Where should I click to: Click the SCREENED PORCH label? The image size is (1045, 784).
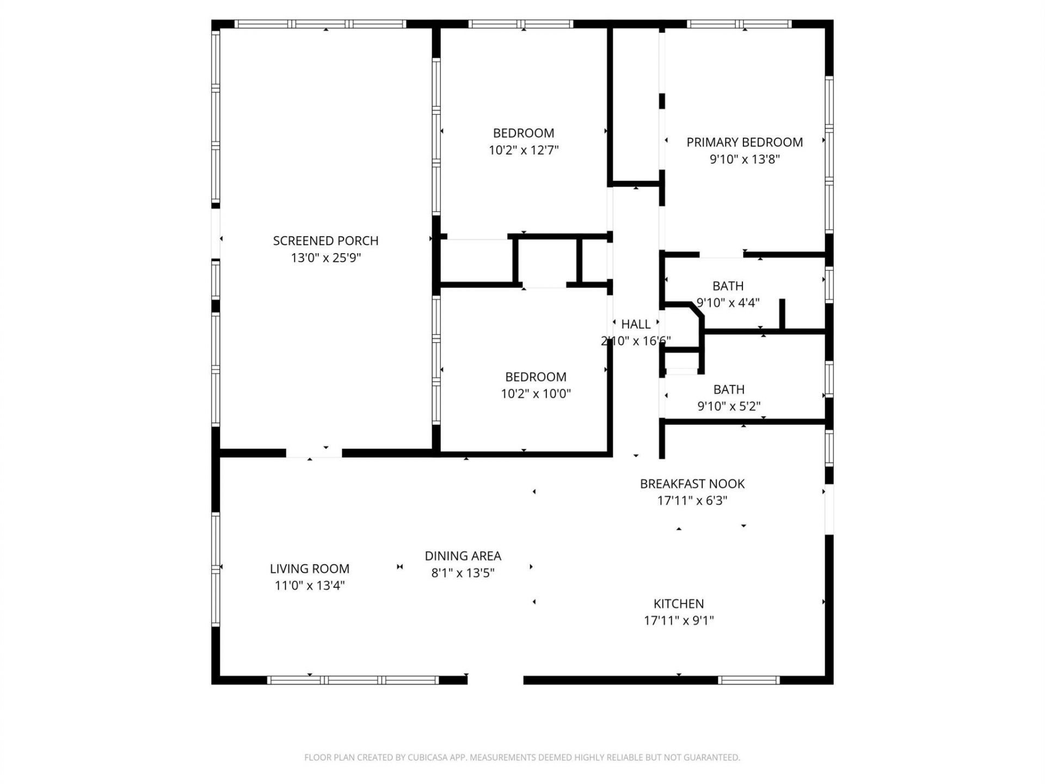(x=325, y=241)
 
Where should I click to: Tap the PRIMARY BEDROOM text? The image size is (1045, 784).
(x=744, y=142)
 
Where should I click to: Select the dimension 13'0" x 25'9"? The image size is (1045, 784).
(x=325, y=258)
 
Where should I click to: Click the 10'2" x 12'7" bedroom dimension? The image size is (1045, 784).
(x=524, y=150)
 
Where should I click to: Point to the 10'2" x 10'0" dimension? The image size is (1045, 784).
(x=536, y=394)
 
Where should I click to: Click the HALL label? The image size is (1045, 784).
(x=636, y=324)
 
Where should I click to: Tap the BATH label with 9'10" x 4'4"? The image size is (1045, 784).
(x=728, y=286)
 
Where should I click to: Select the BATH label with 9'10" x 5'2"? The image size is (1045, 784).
(x=728, y=389)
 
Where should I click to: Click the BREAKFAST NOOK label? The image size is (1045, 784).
(x=692, y=483)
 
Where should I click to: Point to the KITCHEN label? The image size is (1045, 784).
(x=678, y=603)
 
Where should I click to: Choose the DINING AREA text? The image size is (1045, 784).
(x=463, y=556)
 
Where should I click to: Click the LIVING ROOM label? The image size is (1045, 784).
(x=309, y=568)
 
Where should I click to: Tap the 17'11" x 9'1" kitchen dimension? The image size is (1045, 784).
(x=678, y=620)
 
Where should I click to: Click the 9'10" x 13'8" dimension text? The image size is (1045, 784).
(x=744, y=159)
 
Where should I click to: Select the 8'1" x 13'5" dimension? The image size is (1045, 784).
(x=463, y=573)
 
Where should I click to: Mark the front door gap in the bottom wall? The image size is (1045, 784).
(x=495, y=679)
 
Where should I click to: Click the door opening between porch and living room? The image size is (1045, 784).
(x=314, y=453)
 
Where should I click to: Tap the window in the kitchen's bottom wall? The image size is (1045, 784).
(x=748, y=679)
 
